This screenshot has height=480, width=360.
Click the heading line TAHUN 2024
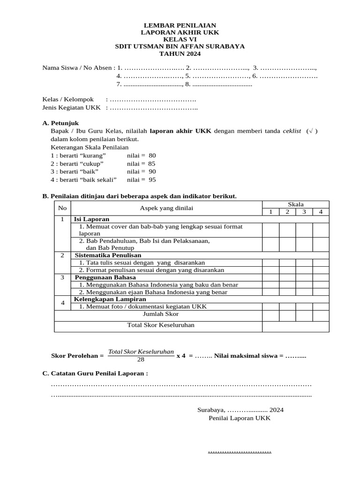[180, 54]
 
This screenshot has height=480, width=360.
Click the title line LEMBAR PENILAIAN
[180, 25]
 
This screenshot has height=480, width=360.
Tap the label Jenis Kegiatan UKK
[71, 108]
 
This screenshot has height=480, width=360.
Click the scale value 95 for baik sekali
[152, 180]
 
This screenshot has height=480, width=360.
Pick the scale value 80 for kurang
[152, 155]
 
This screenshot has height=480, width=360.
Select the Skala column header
[295, 204]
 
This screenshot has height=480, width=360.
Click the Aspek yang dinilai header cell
[166, 208]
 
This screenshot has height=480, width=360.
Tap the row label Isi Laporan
[91, 219]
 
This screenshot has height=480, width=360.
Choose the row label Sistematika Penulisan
[108, 255]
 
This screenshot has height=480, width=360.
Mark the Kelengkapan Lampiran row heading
[110, 299]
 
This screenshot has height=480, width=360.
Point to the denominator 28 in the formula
[141, 360]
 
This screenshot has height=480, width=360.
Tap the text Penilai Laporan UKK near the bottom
[240, 418]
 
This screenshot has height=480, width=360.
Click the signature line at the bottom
[240, 452]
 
